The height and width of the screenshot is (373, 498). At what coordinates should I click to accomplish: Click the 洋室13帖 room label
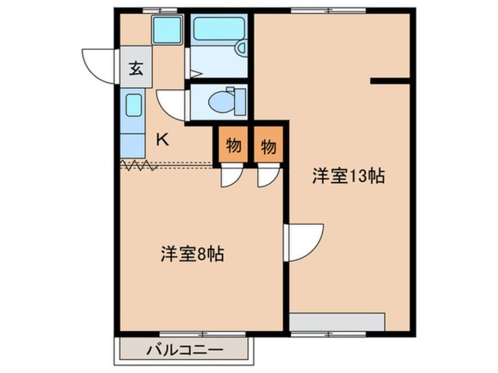(348, 176)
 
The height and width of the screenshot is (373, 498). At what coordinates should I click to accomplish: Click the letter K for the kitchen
(162, 140)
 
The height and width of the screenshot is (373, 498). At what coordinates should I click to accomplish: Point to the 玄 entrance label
(136, 69)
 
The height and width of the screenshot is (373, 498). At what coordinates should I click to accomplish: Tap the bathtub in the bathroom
(218, 28)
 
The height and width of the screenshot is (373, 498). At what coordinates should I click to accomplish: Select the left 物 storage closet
(233, 145)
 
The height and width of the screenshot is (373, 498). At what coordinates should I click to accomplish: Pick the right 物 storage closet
(268, 145)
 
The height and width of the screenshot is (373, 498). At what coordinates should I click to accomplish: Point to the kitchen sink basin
(134, 105)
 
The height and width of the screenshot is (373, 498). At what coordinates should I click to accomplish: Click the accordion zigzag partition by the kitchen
(139, 166)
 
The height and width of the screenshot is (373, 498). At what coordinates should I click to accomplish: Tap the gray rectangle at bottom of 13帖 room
(337, 322)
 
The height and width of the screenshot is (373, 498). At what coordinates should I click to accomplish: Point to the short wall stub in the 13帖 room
(390, 81)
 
